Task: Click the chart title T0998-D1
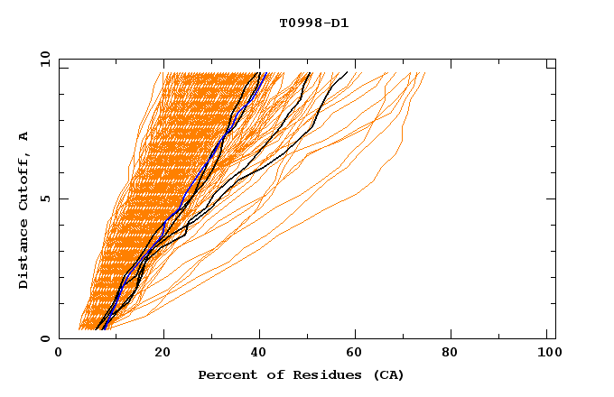pyautogui.click(x=313, y=23)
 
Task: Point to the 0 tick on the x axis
pyautogui.click(x=60, y=353)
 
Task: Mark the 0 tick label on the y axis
pyautogui.click(x=44, y=338)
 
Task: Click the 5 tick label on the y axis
pyautogui.click(x=44, y=198)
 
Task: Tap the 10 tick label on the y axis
pyautogui.click(x=42, y=59)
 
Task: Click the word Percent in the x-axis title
pyautogui.click(x=225, y=374)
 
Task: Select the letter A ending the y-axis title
pyautogui.click(x=23, y=135)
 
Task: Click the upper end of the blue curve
pyautogui.click(x=265, y=73)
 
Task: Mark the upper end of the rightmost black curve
pyautogui.click(x=347, y=73)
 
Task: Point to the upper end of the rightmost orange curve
pyautogui.click(x=424, y=73)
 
